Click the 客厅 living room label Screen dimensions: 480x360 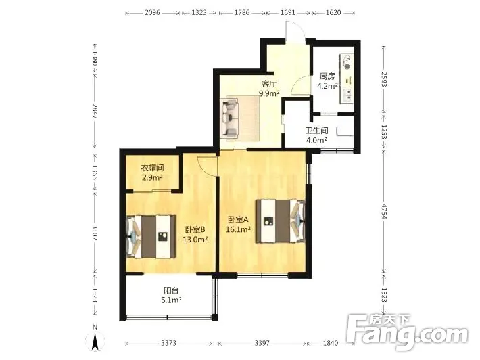269,83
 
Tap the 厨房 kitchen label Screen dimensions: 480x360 327,76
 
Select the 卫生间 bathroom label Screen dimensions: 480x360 316,131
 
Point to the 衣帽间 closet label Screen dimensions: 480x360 152,168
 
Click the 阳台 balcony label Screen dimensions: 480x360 171,290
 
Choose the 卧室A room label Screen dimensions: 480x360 238,219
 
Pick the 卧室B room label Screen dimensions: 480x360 195,229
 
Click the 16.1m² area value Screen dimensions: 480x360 239,229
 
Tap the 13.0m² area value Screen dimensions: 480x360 195,240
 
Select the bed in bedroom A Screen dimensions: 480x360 281,221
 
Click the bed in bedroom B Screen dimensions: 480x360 151,237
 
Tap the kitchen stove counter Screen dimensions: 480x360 347,79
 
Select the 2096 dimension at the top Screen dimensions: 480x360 152,13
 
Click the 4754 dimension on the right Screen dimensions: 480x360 384,211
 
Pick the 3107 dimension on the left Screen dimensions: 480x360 95,233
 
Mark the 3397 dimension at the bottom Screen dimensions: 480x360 262,343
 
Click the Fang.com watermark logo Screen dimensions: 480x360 408,332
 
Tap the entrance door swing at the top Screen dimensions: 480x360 295,32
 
